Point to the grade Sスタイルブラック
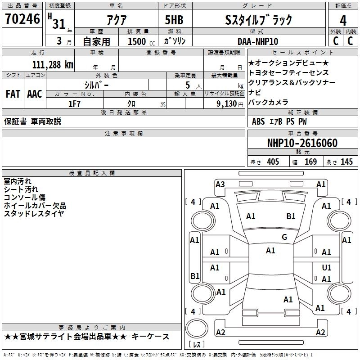tap(259, 20)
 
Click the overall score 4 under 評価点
tap(343, 20)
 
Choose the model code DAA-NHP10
tap(258, 41)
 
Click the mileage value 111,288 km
tap(53, 64)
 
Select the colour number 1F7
tap(74, 103)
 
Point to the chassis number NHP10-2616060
tap(302, 143)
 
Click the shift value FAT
tap(13, 94)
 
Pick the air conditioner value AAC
tap(34, 94)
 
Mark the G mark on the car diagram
tap(284, 237)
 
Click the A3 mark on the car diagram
tap(220, 184)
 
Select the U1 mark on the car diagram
tap(327, 267)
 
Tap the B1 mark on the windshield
tap(291, 216)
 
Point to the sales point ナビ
tap(255, 92)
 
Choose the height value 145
tap(346, 162)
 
